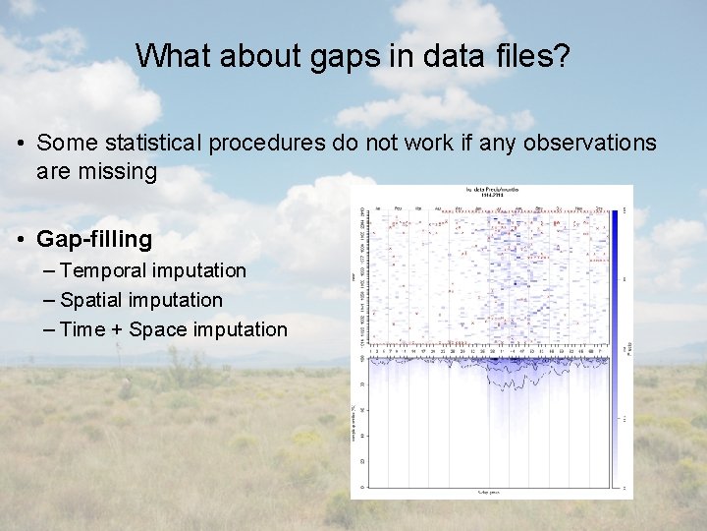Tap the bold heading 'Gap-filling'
coord(94,239)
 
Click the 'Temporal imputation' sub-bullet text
coord(153,270)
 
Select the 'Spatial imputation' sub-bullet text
coord(141,300)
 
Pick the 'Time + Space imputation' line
coord(174,329)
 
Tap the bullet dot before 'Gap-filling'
coord(21,239)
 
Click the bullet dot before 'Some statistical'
coord(21,143)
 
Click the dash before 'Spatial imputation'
coord(50,300)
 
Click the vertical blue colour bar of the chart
coord(616,285)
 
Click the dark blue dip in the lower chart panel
coord(511,379)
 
